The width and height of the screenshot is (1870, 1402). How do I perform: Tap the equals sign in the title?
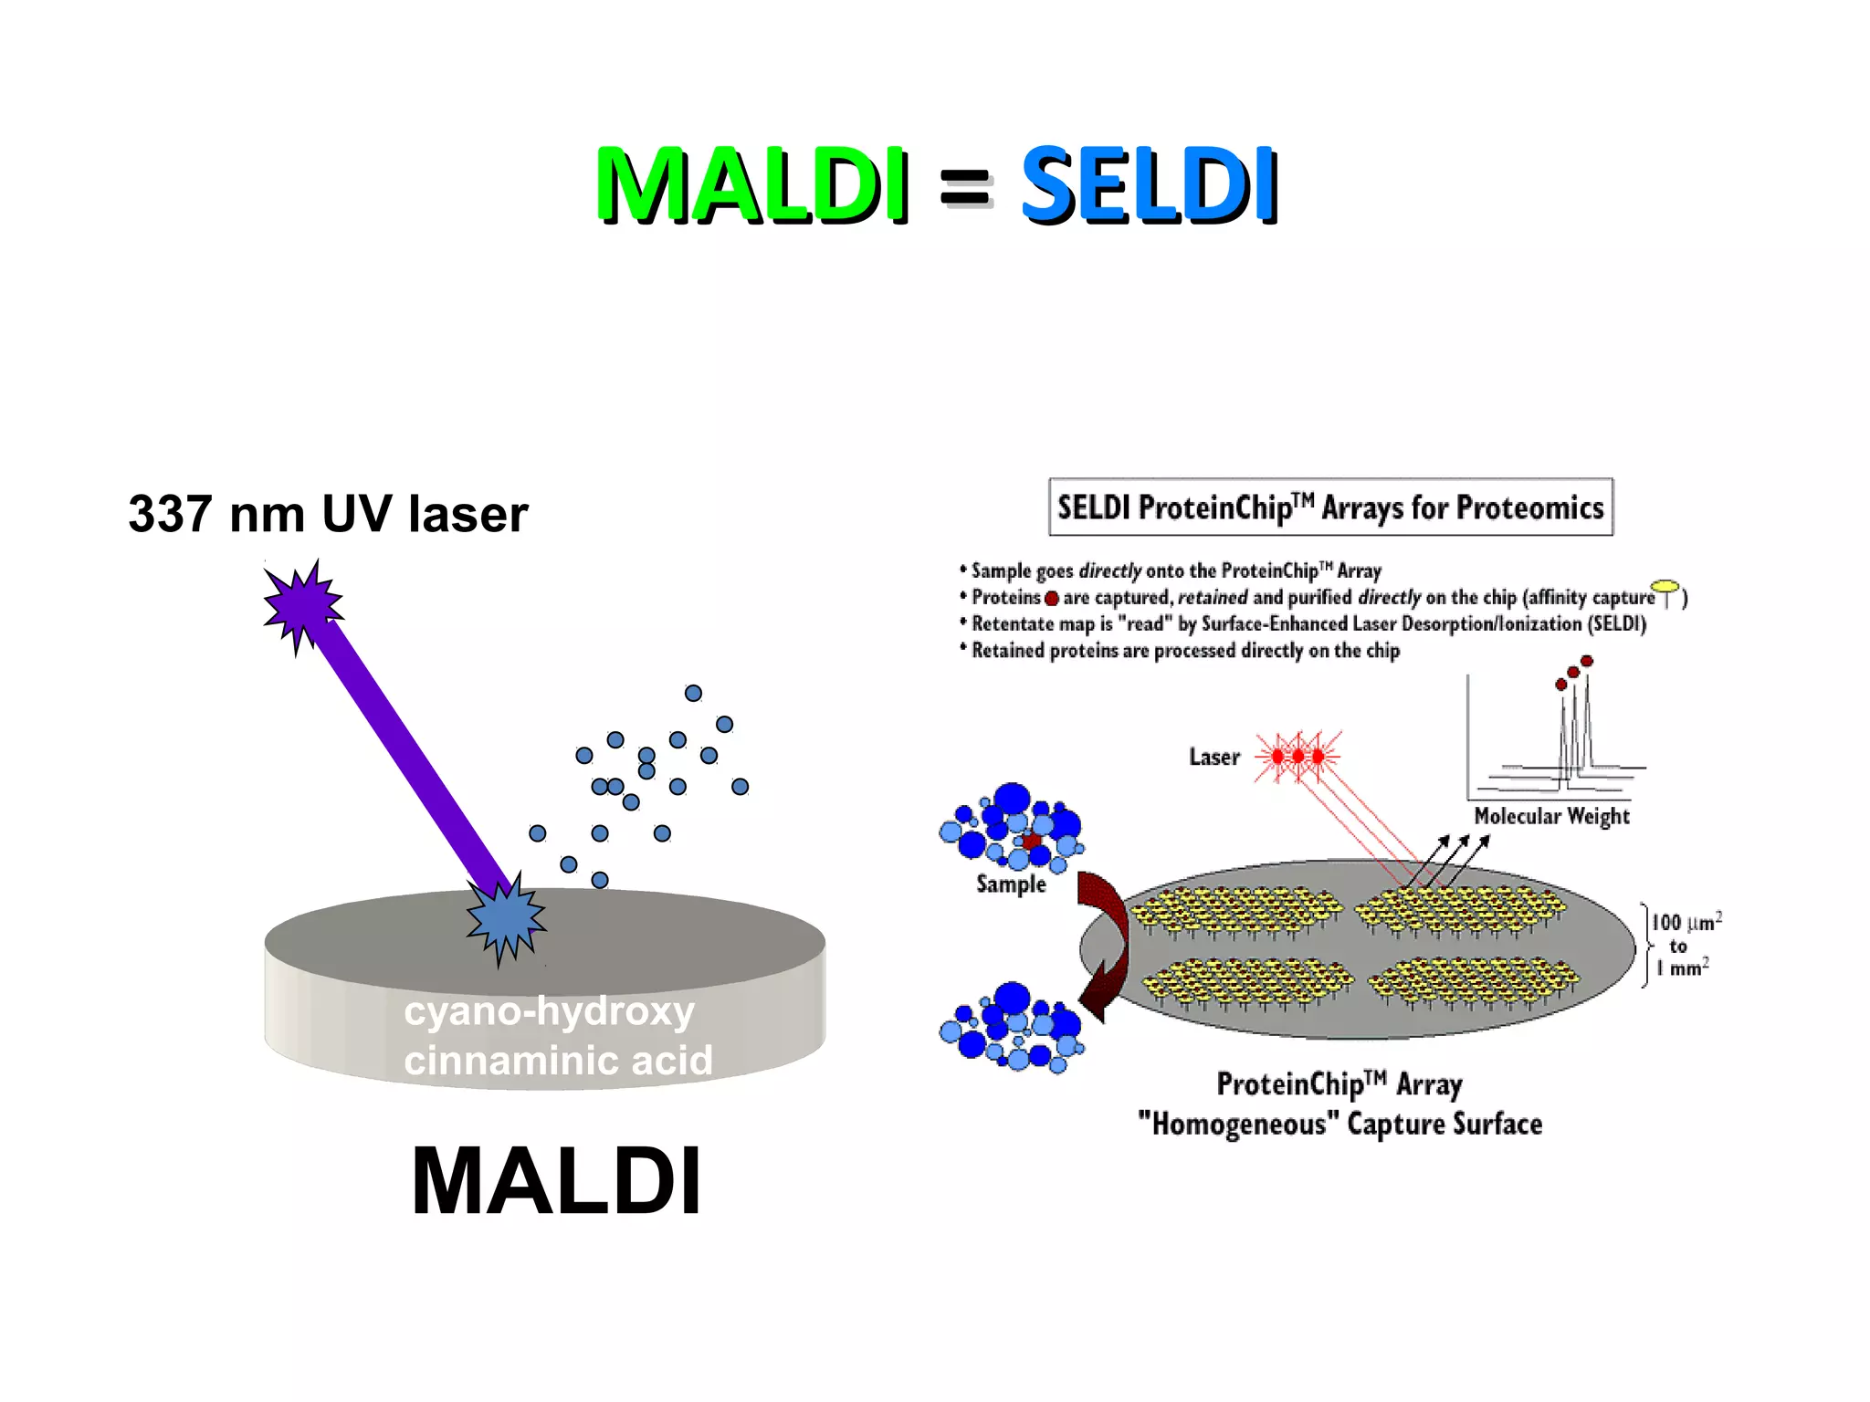[964, 188]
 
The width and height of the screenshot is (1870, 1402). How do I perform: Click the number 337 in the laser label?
[170, 514]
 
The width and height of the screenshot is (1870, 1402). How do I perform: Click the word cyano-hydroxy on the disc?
[549, 1011]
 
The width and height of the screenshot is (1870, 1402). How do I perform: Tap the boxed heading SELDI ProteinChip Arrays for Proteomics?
[1330, 507]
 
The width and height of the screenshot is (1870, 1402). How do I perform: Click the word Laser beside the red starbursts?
[1213, 757]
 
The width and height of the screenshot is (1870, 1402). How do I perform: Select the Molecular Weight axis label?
[1551, 816]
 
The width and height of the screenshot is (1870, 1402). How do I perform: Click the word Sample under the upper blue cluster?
[1011, 884]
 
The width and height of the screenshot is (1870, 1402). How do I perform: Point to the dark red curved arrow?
[1103, 945]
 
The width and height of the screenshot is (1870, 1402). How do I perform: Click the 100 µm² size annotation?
[1686, 923]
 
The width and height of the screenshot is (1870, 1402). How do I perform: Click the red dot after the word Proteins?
[1052, 599]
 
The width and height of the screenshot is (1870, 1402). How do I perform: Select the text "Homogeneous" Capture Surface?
[1340, 1124]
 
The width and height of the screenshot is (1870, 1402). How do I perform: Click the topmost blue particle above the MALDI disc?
[693, 693]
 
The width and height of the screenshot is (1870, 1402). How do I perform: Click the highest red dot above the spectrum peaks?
[1587, 661]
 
